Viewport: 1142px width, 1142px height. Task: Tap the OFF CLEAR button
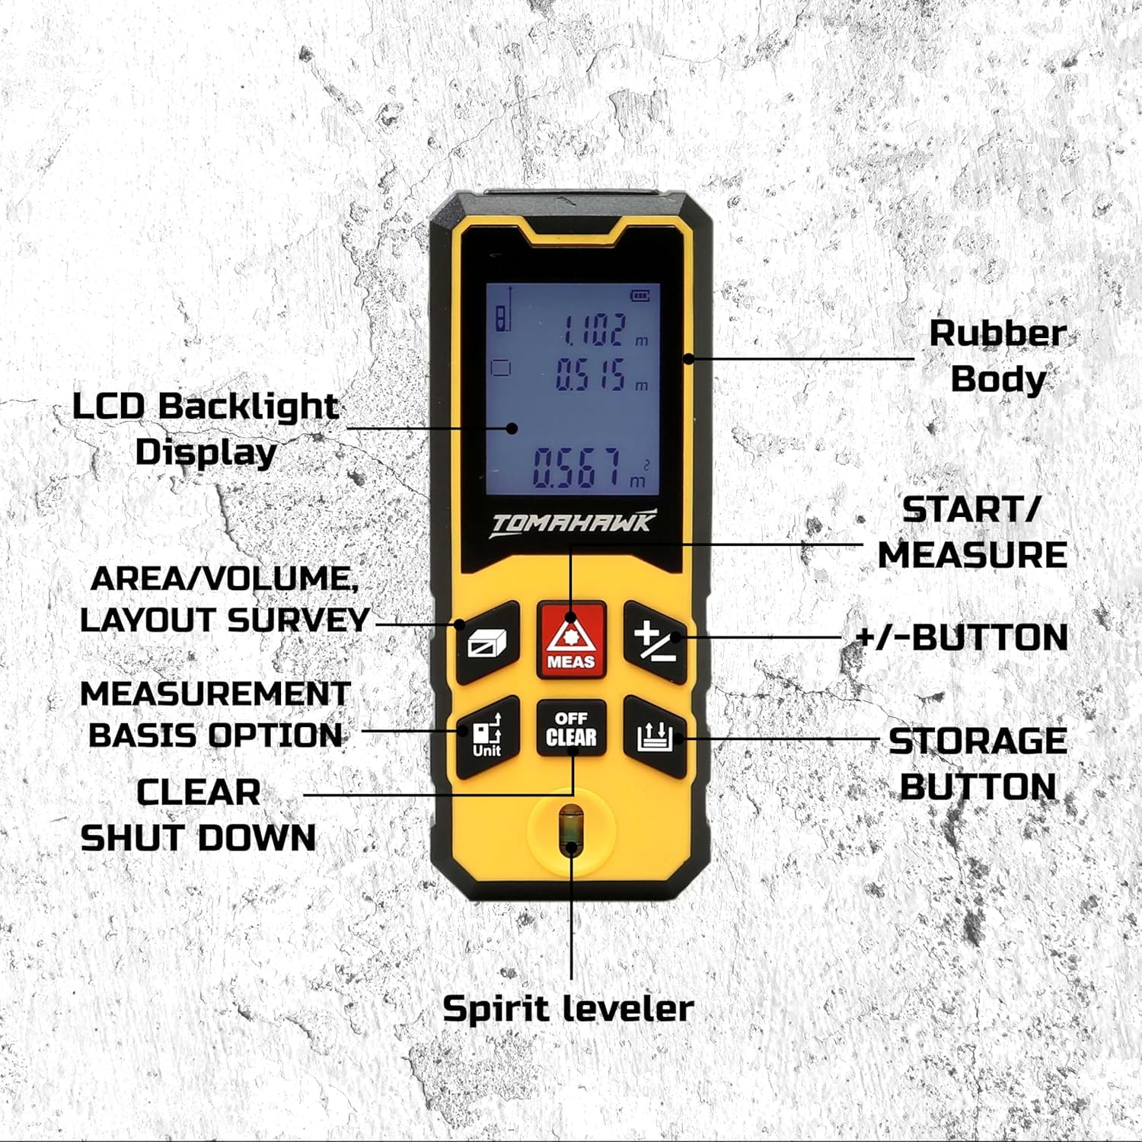571,729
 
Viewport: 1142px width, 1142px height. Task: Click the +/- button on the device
656,642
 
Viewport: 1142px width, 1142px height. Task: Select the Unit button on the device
488,737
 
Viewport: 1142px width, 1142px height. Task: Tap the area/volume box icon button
488,642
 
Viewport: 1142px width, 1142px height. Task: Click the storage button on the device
656,737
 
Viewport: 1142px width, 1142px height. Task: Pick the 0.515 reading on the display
591,375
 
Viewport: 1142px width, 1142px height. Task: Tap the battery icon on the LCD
641,295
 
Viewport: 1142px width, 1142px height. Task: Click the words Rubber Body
997,356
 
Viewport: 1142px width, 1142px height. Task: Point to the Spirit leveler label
568,1009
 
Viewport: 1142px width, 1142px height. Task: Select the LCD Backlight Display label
206,429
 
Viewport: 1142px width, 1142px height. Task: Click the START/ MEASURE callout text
972,532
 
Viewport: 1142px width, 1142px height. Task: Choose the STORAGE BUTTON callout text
978,764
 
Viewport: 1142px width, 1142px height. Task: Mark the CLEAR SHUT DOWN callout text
198,815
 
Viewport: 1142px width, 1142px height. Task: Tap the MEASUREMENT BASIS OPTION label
215,715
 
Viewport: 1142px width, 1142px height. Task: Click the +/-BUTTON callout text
962,637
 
